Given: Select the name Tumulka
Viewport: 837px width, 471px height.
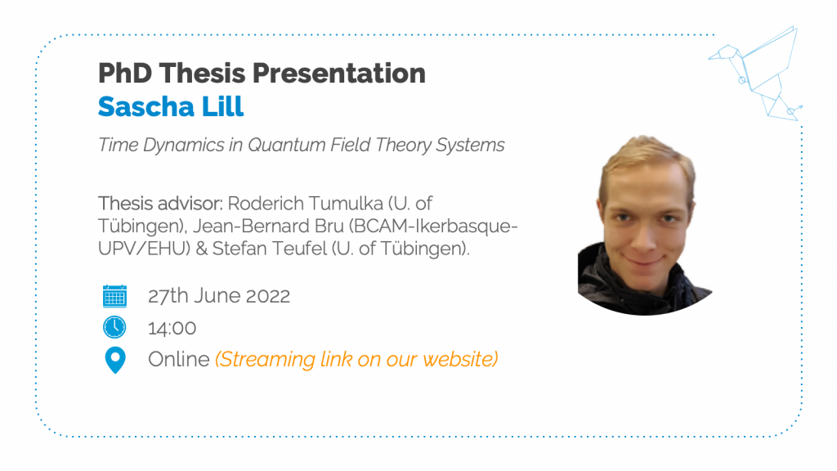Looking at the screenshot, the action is (346, 204).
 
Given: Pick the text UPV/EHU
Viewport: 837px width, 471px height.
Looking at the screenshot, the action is (144, 249).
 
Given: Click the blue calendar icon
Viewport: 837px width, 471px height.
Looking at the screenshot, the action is (114, 296).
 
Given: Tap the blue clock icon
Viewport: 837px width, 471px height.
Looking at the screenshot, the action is (114, 327).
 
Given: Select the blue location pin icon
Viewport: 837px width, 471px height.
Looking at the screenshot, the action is (114, 360).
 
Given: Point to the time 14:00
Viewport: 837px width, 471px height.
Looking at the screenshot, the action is (172, 328).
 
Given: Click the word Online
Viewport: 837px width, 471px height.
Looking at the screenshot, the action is (179, 360).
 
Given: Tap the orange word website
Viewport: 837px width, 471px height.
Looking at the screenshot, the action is (460, 360).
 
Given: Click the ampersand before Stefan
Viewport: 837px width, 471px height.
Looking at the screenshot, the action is (201, 249).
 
